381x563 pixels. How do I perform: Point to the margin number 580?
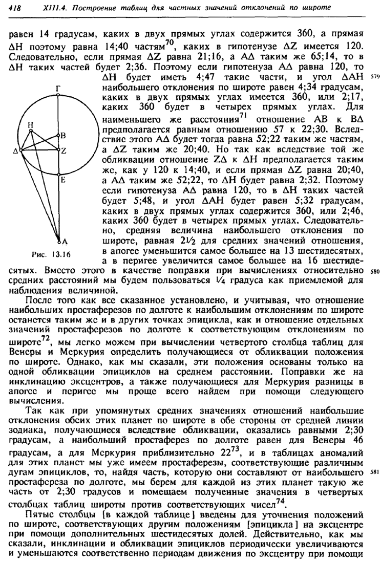tap(372, 271)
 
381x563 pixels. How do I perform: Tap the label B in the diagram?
tap(63, 136)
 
